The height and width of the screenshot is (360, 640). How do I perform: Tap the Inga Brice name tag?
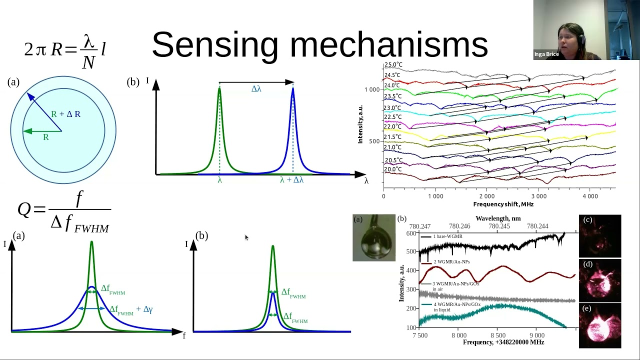[546, 54]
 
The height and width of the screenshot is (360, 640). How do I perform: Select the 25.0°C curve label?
[393, 65]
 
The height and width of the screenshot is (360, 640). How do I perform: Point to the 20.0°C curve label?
[393, 169]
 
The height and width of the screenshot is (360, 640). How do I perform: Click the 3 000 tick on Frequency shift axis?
[538, 196]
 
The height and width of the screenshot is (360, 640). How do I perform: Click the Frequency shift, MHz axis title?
[503, 204]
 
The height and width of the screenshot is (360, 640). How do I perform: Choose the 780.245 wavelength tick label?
[499, 226]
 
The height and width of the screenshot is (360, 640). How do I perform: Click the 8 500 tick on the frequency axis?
[497, 335]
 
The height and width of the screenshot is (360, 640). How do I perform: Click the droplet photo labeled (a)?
[374, 238]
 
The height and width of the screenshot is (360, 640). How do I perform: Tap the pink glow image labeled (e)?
[600, 325]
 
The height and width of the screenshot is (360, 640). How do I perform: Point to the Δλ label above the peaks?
[256, 89]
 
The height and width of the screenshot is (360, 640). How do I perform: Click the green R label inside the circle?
[45, 137]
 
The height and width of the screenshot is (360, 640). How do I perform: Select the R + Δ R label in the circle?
[65, 114]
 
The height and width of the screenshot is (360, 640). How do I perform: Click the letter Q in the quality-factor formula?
[24, 209]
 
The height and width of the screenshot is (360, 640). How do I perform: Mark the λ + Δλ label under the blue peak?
[291, 180]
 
